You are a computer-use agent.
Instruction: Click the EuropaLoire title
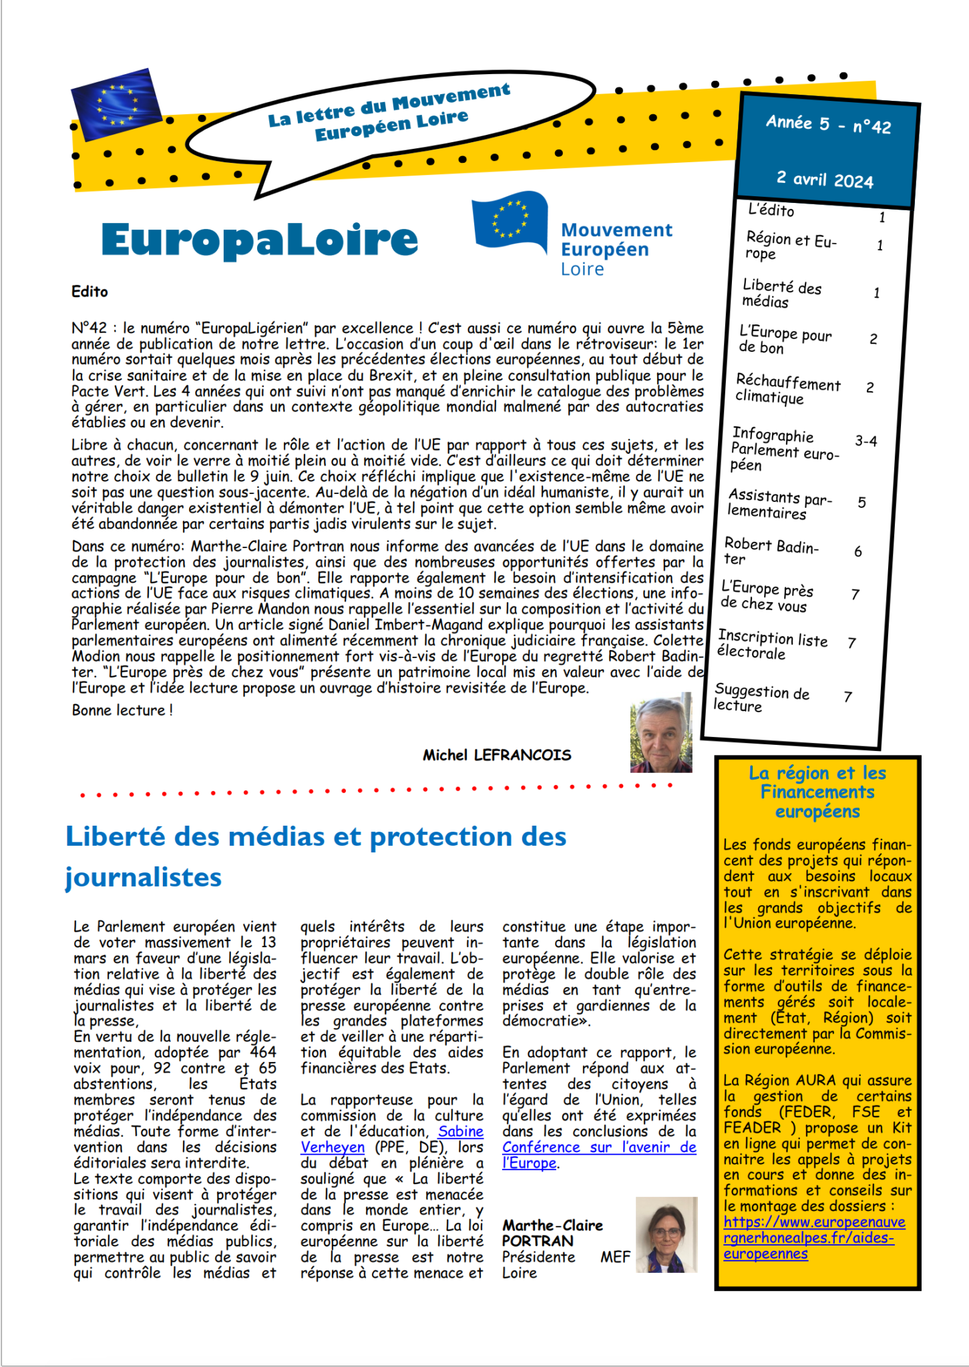tap(259, 240)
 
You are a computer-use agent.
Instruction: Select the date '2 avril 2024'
tap(825, 180)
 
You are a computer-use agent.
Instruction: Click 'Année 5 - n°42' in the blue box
tap(828, 124)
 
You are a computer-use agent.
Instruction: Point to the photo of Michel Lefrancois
tap(660, 734)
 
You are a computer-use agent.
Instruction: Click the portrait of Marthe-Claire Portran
tap(666, 1235)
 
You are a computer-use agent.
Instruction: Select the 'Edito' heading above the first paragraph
tap(89, 292)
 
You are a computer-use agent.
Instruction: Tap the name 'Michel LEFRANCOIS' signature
tap(497, 755)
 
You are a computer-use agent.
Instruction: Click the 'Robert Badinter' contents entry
tap(771, 551)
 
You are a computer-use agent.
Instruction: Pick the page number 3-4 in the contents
tap(865, 441)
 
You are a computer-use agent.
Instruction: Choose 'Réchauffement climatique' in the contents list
tap(787, 390)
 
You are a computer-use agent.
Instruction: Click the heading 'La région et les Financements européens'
tap(817, 792)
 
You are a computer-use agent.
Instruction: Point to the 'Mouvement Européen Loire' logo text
tap(616, 249)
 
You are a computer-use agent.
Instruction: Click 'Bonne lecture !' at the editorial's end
tap(122, 710)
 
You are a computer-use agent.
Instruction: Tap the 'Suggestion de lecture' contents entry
tap(761, 699)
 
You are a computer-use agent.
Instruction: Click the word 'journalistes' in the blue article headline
tap(144, 878)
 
